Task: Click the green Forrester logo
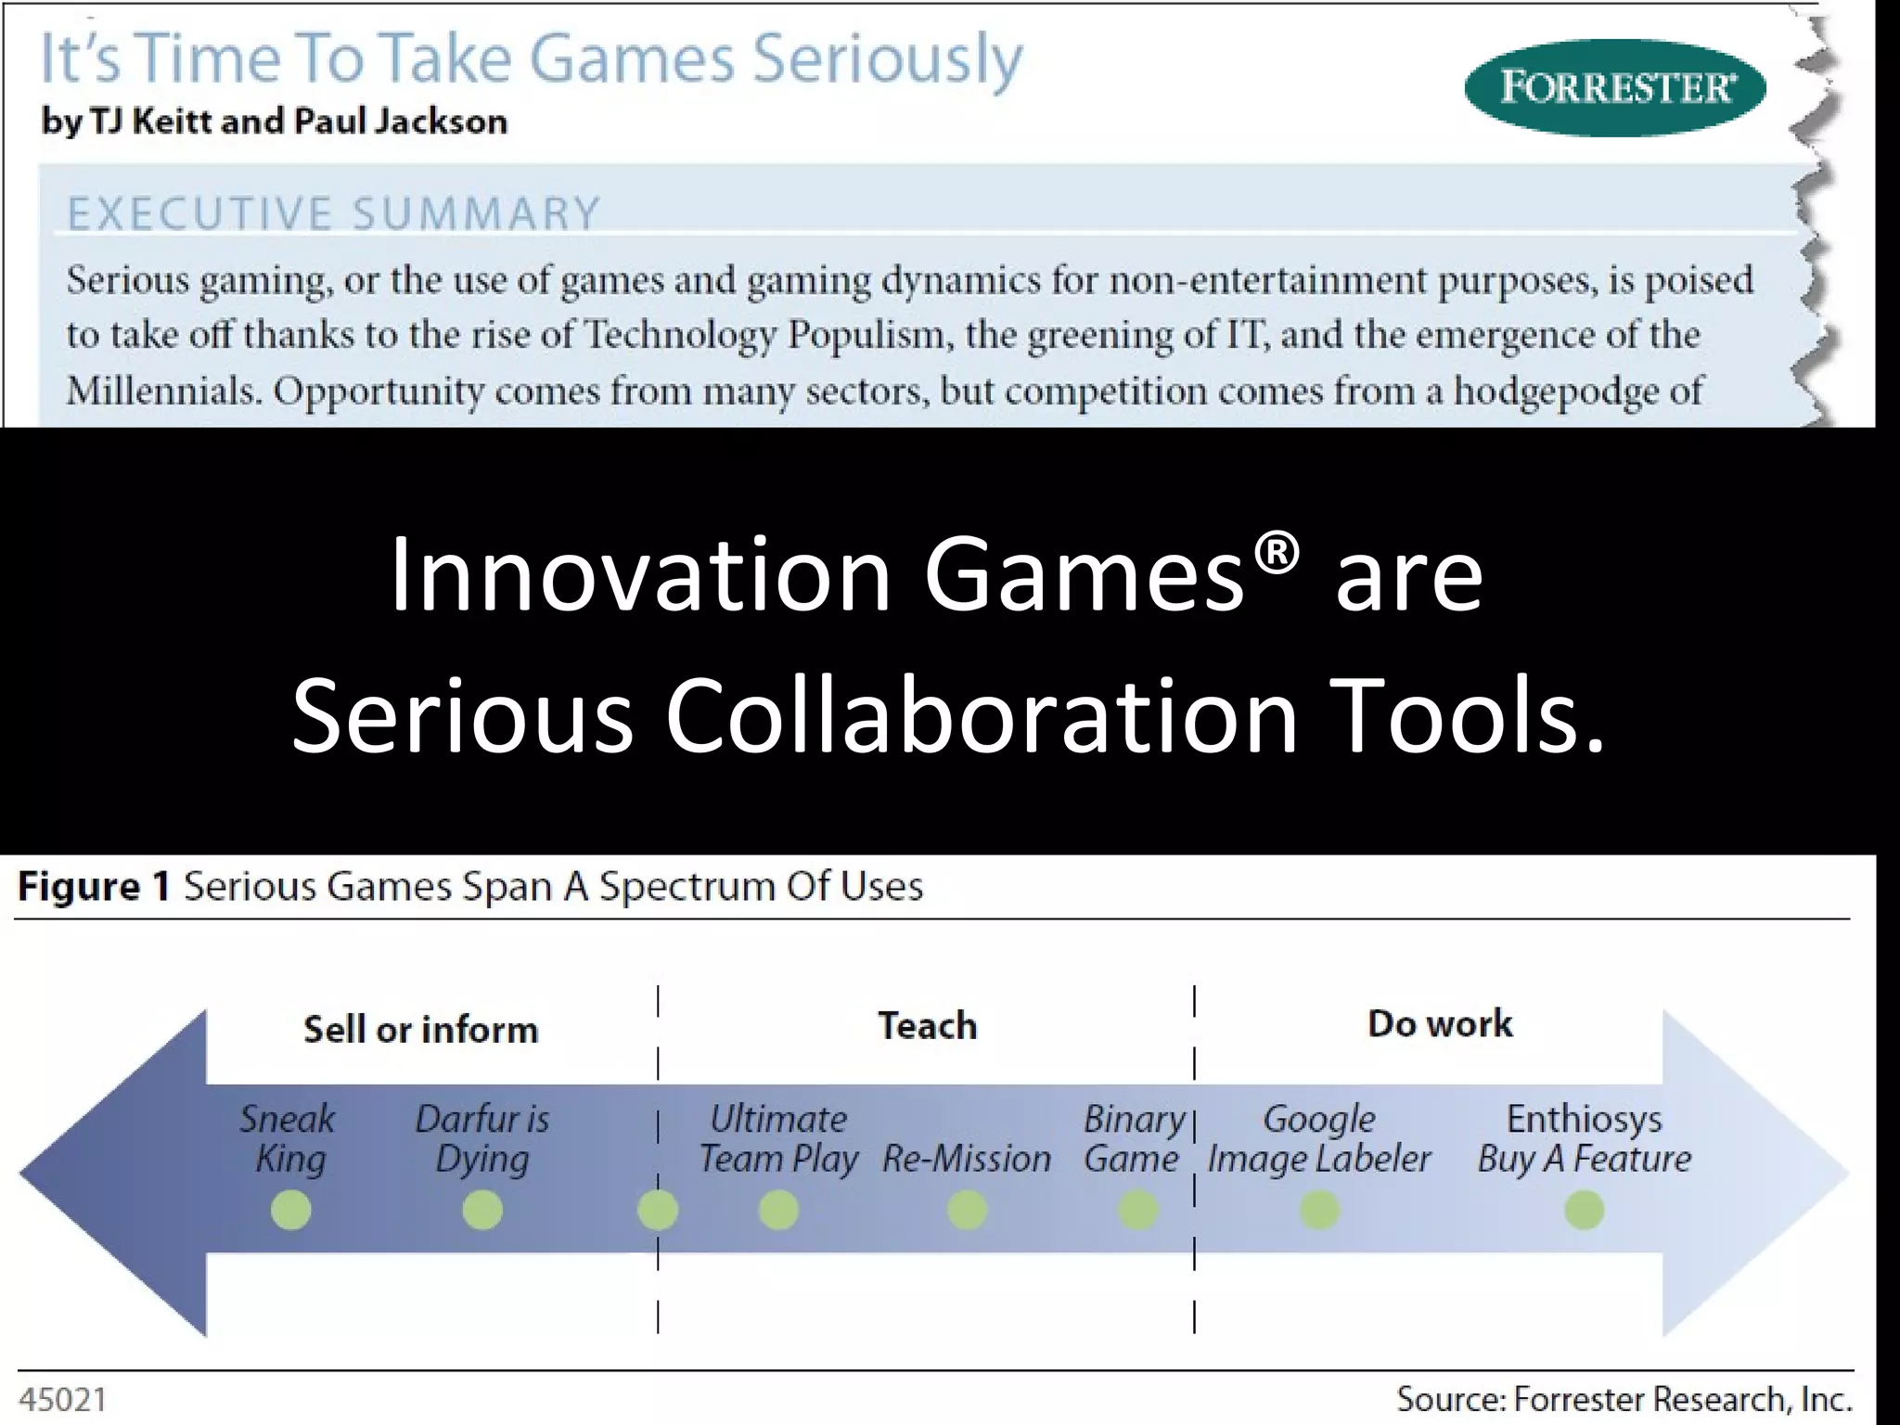1614,88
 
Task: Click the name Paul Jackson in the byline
400,122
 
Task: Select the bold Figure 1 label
94,887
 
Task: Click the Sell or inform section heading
420,1029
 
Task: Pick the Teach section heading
927,1025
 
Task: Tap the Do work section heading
1439,1023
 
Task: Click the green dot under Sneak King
290,1210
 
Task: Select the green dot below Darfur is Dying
481,1210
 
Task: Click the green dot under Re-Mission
967,1210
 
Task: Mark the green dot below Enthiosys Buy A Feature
1584,1210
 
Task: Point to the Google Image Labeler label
1318,1139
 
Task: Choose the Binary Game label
1133,1139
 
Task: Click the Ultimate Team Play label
777,1139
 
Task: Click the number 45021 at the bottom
63,1399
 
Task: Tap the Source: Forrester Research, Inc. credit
1624,1399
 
